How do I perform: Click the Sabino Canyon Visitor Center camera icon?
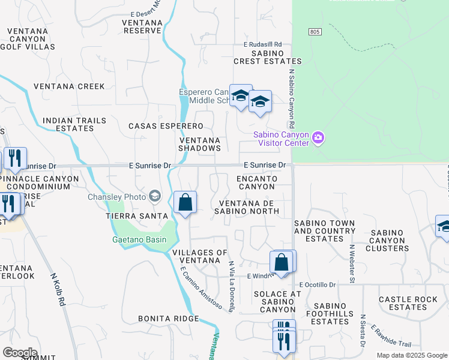pos(318,139)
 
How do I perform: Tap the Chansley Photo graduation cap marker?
pos(155,196)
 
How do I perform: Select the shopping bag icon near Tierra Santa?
pos(185,203)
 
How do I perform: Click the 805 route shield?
pos(315,31)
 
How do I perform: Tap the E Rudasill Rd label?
pos(262,44)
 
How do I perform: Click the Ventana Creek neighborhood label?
pos(69,86)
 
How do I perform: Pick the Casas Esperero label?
pos(166,126)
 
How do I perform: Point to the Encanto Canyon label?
pos(257,182)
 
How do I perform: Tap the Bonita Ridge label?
pos(168,318)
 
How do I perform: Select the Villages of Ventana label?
pos(200,256)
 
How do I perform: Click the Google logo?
pos(20,353)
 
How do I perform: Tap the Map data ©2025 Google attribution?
pos(411,355)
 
